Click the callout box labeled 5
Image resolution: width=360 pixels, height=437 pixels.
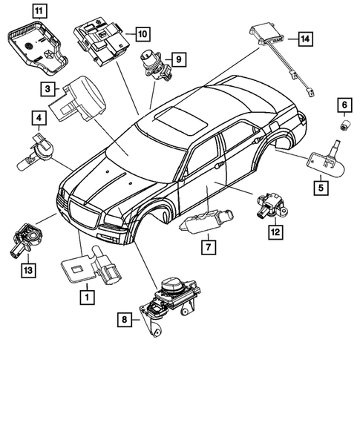click(x=320, y=188)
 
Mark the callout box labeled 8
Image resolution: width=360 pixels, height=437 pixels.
click(x=125, y=320)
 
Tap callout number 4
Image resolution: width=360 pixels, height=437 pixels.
click(x=36, y=117)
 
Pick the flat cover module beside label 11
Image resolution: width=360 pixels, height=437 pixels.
click(x=35, y=45)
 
